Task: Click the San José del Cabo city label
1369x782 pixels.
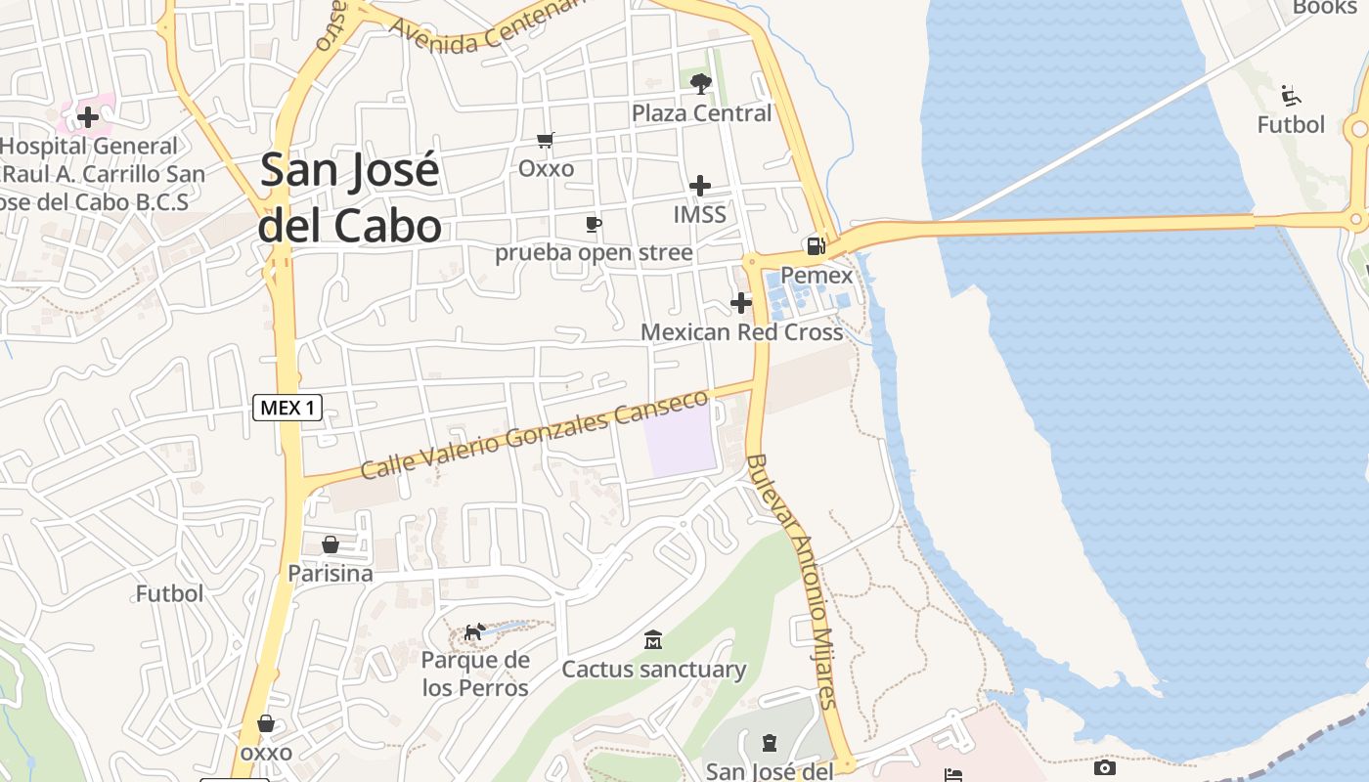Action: point(350,198)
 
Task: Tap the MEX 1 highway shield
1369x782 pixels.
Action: point(287,408)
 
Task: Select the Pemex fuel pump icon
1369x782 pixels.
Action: point(815,245)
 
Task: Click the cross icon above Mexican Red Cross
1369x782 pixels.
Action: point(741,302)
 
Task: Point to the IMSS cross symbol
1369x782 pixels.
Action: point(700,185)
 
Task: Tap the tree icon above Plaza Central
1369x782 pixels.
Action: point(700,84)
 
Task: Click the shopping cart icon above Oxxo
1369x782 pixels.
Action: point(546,141)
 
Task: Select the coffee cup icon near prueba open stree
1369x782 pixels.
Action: point(593,224)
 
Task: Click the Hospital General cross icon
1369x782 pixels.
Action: point(88,117)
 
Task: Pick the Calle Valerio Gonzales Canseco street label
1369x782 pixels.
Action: point(534,435)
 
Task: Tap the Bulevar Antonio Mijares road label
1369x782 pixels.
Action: point(792,581)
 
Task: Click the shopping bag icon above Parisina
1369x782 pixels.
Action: point(331,544)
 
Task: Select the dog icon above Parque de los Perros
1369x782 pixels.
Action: point(474,632)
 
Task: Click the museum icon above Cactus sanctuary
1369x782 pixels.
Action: point(653,640)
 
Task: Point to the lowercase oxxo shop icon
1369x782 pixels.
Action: point(266,724)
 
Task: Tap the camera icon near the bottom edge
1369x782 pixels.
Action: point(1104,768)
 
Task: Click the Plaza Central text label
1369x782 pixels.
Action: point(701,113)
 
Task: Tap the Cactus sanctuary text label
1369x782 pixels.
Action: point(653,670)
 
